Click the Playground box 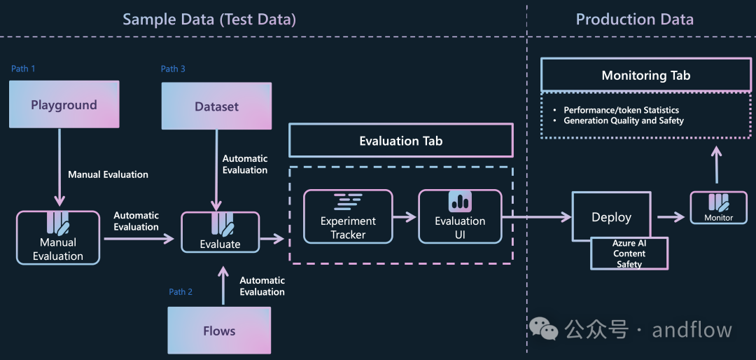pyautogui.click(x=64, y=104)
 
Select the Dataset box pyautogui.click(x=216, y=106)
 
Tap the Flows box pyautogui.click(x=219, y=331)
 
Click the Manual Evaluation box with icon pyautogui.click(x=58, y=237)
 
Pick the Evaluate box pyautogui.click(x=220, y=232)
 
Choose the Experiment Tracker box pyautogui.click(x=348, y=216)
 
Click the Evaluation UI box pyautogui.click(x=460, y=216)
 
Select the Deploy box pyautogui.click(x=611, y=217)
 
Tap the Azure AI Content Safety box pyautogui.click(x=629, y=254)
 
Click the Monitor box pyautogui.click(x=718, y=208)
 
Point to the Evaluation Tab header pyautogui.click(x=400, y=141)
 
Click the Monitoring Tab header pyautogui.click(x=645, y=75)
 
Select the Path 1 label pyautogui.click(x=23, y=69)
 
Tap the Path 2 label pyautogui.click(x=181, y=291)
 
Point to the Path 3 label pyautogui.click(x=173, y=69)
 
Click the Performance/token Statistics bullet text pyautogui.click(x=621, y=110)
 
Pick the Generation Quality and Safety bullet pyautogui.click(x=623, y=120)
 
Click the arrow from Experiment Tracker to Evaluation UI pyautogui.click(x=405, y=217)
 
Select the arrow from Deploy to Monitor pyautogui.click(x=671, y=217)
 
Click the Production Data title pyautogui.click(x=634, y=20)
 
